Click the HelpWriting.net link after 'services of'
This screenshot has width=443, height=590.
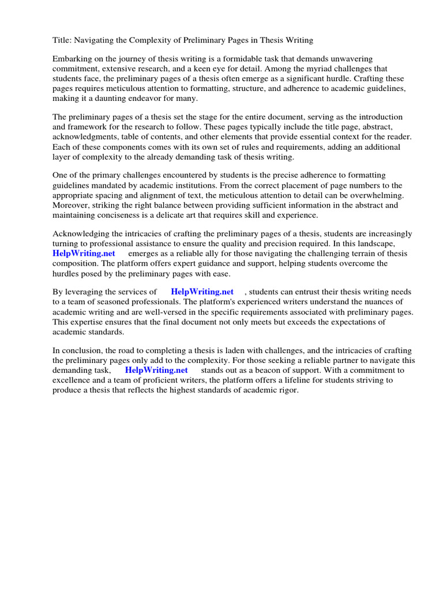(x=202, y=292)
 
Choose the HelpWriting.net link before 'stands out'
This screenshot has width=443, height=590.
(x=156, y=370)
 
